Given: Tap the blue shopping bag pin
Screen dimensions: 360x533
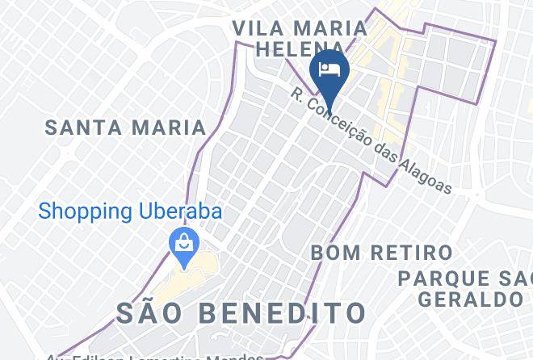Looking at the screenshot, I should (185, 245).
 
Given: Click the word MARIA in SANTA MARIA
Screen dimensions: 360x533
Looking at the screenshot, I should (171, 128).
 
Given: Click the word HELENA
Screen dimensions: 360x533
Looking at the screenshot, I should (295, 49).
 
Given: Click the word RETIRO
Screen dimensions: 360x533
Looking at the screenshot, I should (408, 253).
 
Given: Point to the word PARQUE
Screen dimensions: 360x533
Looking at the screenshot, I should (447, 278).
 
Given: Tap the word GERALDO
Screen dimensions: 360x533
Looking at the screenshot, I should (471, 299).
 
